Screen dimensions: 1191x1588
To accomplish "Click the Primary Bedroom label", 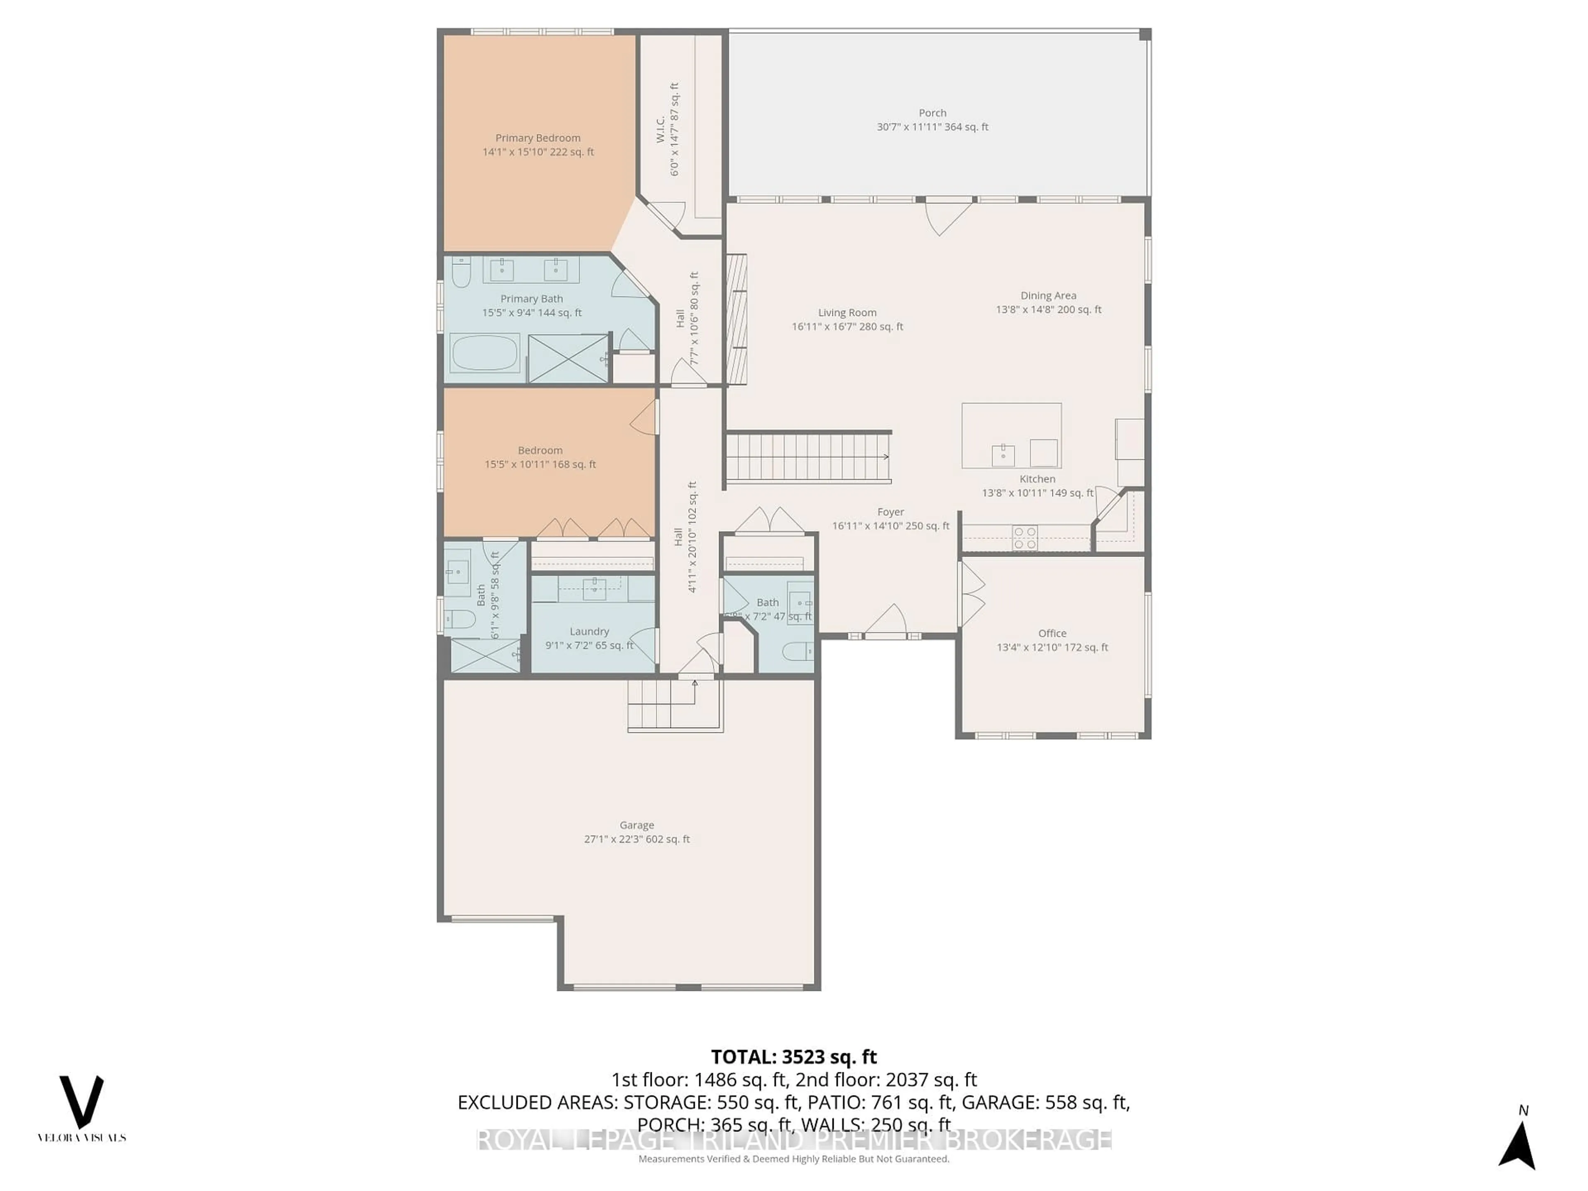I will [538, 138].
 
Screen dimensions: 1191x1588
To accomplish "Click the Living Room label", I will [847, 312].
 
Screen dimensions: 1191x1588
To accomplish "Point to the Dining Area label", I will [1048, 295].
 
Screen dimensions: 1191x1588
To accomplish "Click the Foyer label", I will [890, 512].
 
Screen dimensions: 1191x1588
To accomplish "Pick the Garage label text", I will [637, 825].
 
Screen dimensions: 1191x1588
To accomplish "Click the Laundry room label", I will [589, 631].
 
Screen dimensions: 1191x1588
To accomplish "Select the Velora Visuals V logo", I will [81, 1102].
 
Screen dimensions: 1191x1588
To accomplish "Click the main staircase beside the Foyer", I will [808, 458].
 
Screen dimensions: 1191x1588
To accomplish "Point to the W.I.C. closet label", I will [660, 129].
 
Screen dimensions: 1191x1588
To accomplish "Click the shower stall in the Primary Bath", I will [568, 358].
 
